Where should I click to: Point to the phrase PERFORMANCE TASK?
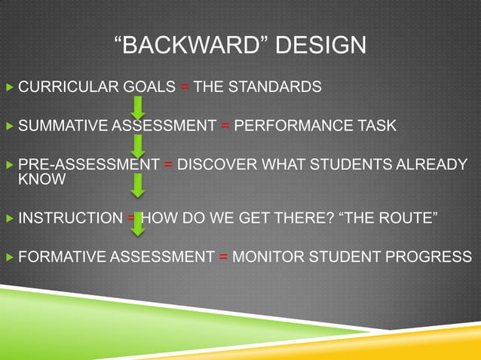point(314,125)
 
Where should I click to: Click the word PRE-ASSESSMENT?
point(88,163)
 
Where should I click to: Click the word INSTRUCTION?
point(69,219)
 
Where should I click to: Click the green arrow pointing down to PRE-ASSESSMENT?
point(138,145)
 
